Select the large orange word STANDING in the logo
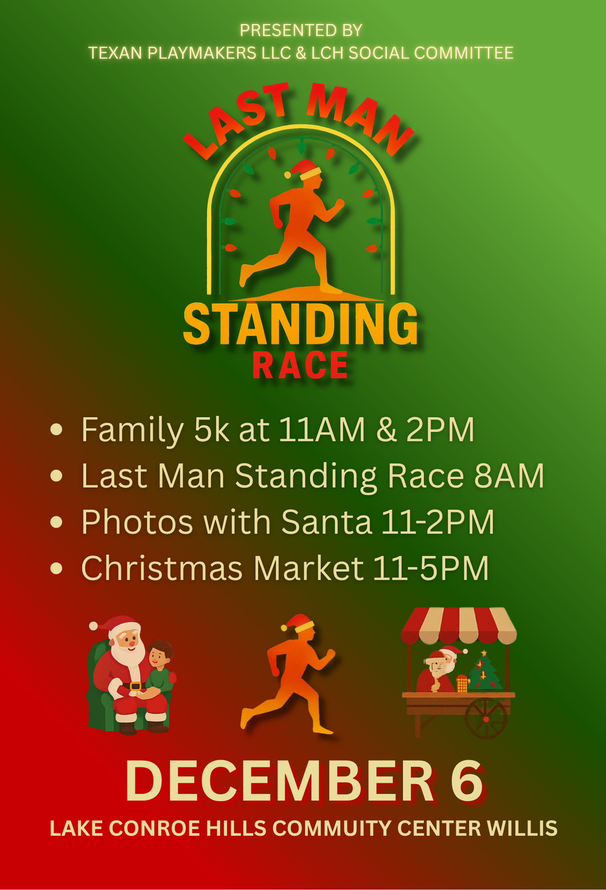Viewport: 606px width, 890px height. pyautogui.click(x=301, y=324)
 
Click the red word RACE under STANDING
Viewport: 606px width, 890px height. pyautogui.click(x=301, y=366)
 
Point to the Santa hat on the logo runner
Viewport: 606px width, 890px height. pyautogui.click(x=304, y=170)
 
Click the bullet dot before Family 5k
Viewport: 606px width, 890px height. pyautogui.click(x=56, y=429)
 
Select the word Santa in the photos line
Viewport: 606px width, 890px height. pyautogui.click(x=326, y=522)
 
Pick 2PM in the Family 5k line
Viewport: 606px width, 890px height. pyautogui.click(x=440, y=430)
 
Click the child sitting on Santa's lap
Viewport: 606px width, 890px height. pyautogui.click(x=158, y=667)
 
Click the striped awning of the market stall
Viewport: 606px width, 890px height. pyautogui.click(x=459, y=626)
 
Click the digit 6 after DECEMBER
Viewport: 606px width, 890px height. pyautogui.click(x=467, y=781)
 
